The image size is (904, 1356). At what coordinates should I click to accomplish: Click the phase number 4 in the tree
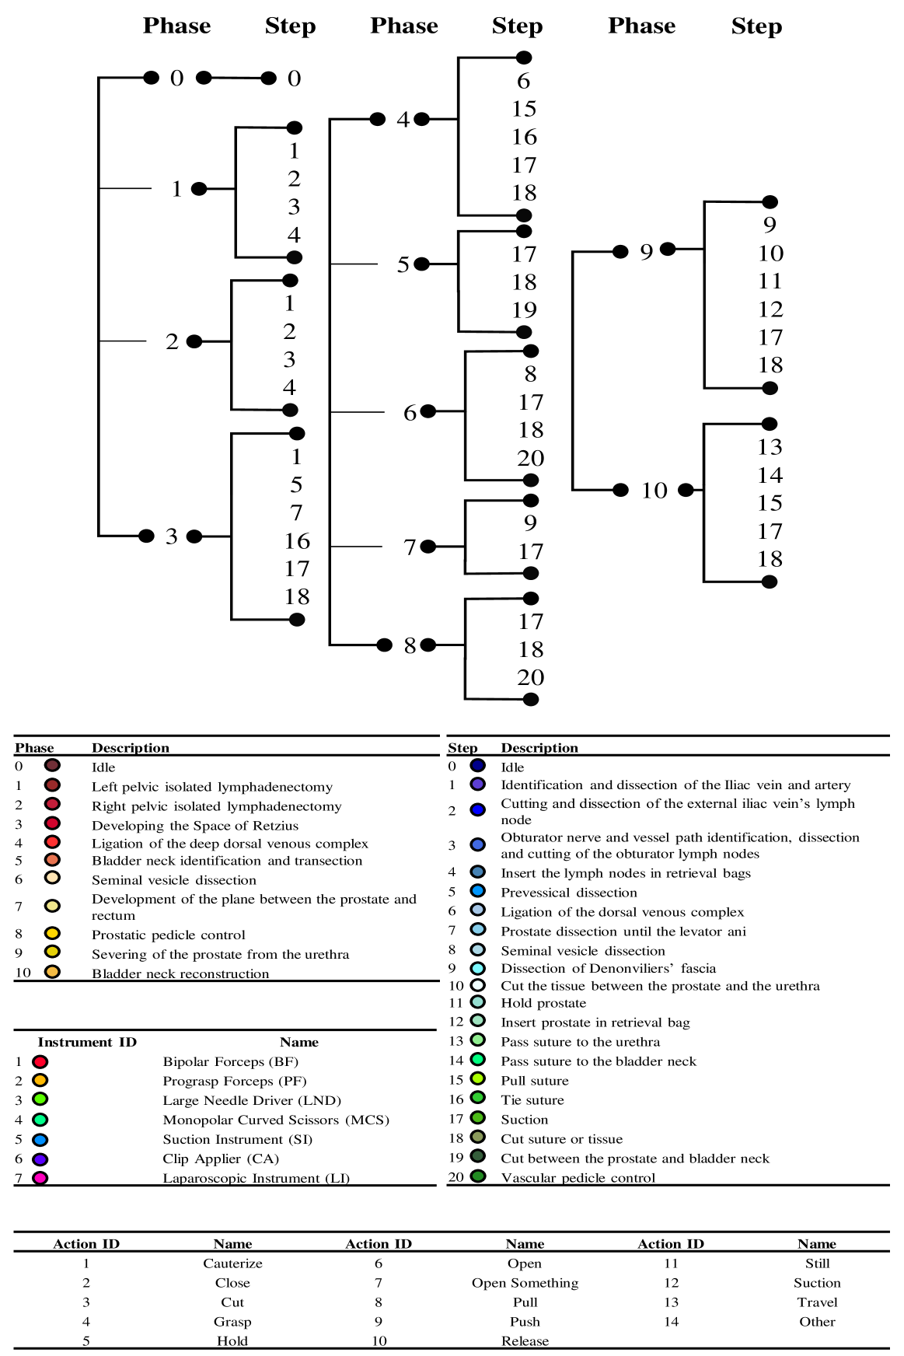click(403, 120)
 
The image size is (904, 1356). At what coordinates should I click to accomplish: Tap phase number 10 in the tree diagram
click(654, 491)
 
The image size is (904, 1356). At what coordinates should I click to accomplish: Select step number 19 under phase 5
click(524, 310)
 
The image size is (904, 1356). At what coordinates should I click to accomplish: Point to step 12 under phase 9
click(770, 309)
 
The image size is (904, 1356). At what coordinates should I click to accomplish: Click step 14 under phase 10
click(770, 475)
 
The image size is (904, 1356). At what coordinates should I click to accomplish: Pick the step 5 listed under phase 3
click(296, 485)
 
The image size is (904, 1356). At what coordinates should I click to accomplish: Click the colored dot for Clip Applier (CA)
click(40, 1159)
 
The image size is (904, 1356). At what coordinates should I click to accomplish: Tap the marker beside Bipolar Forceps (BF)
click(40, 1062)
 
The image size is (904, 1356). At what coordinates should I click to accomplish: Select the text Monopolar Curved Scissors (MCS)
click(276, 1120)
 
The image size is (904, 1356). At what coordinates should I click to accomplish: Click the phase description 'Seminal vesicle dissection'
click(174, 880)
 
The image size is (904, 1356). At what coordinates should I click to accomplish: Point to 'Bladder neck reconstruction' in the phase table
click(180, 973)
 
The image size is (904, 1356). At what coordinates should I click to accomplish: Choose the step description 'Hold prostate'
click(543, 1004)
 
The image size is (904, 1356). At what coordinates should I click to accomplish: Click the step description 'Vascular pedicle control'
click(578, 1178)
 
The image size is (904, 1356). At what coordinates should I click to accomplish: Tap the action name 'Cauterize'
click(232, 1264)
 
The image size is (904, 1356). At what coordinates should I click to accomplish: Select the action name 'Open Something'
click(525, 1284)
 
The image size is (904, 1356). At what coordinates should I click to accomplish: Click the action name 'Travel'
click(817, 1303)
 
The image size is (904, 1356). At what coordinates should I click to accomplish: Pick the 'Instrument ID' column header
click(87, 1043)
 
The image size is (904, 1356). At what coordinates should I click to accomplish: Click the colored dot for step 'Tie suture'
click(478, 1098)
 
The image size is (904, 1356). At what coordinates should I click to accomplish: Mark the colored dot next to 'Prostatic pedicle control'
click(52, 933)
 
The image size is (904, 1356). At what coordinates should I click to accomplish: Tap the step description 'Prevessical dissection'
click(569, 893)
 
